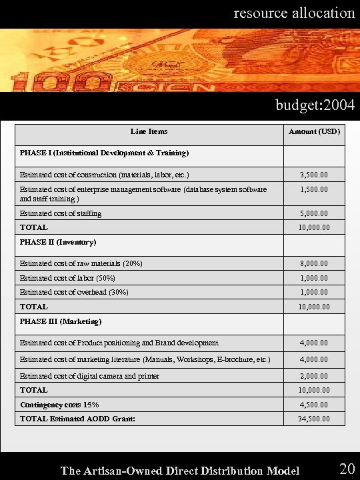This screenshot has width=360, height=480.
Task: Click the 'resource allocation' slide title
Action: [x=294, y=13]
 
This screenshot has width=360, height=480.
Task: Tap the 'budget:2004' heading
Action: [x=315, y=105]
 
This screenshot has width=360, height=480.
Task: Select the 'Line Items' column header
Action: [x=149, y=131]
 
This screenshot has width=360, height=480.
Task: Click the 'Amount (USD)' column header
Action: [x=314, y=131]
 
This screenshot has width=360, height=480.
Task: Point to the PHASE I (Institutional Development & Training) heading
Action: [x=104, y=153]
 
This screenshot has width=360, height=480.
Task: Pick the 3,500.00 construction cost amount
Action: [x=314, y=175]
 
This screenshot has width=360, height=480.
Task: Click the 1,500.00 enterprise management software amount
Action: [x=314, y=190]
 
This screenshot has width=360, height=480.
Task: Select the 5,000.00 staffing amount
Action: [x=314, y=214]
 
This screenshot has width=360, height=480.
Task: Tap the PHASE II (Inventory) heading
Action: [x=58, y=242]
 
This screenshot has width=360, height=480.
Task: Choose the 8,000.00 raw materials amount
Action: [x=314, y=264]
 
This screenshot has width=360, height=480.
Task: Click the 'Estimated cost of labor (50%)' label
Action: [x=67, y=278]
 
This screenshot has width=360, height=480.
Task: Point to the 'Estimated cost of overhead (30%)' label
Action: [x=74, y=292]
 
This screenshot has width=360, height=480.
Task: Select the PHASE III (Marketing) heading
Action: [x=61, y=321]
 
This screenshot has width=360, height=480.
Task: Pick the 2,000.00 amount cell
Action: [x=314, y=376]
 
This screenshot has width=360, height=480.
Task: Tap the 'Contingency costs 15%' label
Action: [x=59, y=405]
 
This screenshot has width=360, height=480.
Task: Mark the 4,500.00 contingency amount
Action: [x=314, y=405]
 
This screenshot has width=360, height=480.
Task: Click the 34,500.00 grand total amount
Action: [x=314, y=419]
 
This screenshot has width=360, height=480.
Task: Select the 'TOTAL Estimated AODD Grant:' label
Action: [x=77, y=419]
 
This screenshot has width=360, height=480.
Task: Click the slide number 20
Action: [x=347, y=469]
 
